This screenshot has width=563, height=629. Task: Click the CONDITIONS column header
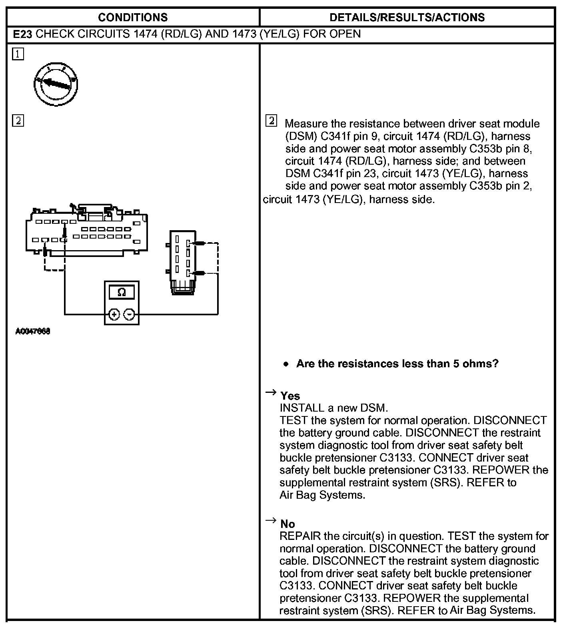[x=133, y=17]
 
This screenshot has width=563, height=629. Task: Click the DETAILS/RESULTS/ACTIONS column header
[x=407, y=17]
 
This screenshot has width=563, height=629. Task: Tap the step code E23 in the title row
[x=22, y=34]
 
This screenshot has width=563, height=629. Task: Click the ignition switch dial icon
[x=56, y=84]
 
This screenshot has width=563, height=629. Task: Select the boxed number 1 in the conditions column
[x=18, y=54]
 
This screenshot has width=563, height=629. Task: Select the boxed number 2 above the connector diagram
[x=18, y=120]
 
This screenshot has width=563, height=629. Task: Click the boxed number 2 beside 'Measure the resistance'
[x=272, y=121]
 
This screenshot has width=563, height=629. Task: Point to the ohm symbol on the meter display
[x=122, y=293]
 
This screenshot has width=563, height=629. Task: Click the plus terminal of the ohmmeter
[x=114, y=314]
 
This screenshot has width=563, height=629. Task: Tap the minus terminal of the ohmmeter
[x=129, y=314]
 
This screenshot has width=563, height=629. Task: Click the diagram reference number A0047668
[x=33, y=331]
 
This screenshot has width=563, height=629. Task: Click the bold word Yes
[x=290, y=396]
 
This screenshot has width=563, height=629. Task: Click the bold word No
[x=287, y=524]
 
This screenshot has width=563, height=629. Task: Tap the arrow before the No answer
[x=271, y=520]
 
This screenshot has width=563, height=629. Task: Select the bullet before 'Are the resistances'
[x=285, y=364]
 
